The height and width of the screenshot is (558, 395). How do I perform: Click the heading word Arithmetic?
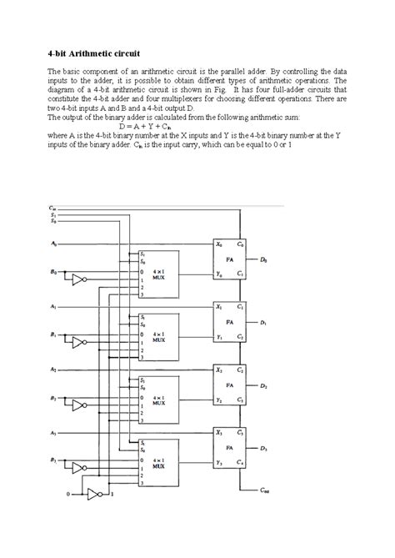[91, 52]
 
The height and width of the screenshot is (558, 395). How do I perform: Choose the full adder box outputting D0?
[228, 259]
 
